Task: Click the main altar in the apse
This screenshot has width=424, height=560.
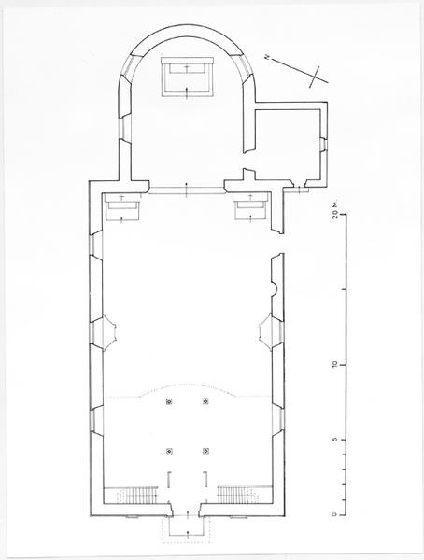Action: tap(187, 77)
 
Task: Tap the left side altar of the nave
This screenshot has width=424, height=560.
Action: tap(122, 207)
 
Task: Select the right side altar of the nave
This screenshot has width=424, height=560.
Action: tap(250, 207)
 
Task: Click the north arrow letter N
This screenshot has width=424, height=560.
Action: tap(266, 57)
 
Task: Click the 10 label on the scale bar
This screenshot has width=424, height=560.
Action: tap(334, 365)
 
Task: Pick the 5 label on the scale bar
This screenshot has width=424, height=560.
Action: tap(334, 440)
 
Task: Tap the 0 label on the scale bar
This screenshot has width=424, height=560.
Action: tap(334, 514)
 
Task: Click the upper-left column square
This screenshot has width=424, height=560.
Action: tap(169, 401)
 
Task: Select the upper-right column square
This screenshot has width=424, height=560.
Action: tap(205, 401)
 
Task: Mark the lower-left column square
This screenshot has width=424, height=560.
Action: tap(169, 451)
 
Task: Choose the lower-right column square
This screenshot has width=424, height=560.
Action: tap(205, 451)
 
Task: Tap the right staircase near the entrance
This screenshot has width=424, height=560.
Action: tap(239, 495)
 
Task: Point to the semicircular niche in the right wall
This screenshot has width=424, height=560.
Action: tap(275, 288)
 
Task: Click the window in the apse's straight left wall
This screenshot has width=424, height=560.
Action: tap(125, 128)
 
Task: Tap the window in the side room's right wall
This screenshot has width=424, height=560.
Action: tap(323, 145)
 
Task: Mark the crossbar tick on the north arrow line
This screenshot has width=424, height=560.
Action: tap(314, 77)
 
